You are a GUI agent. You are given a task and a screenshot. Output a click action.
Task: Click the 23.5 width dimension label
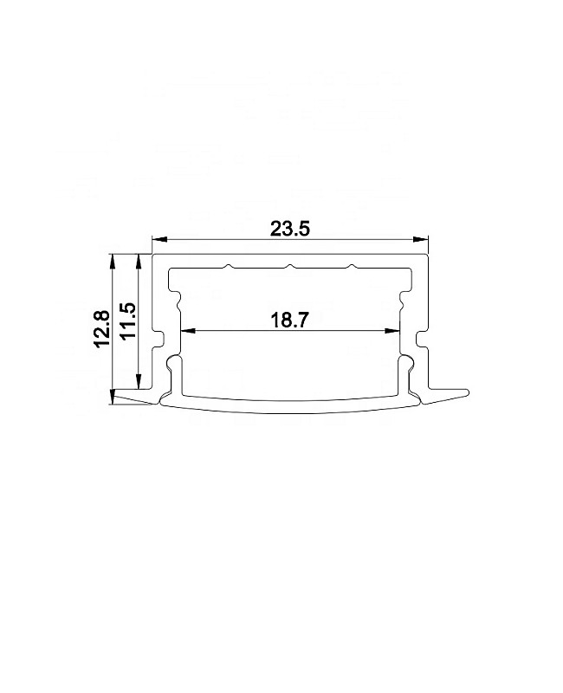tap(290, 229)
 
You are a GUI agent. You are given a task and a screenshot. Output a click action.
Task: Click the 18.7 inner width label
tap(288, 320)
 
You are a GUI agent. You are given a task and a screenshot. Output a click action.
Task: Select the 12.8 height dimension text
tap(102, 329)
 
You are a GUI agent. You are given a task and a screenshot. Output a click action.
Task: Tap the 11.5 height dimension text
tap(128, 321)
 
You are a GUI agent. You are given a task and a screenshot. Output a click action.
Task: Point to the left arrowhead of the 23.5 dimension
tap(159, 240)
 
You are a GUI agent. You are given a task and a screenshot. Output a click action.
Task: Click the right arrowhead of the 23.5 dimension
tap(421, 240)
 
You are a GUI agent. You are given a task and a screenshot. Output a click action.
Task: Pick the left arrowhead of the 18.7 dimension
tap(189, 331)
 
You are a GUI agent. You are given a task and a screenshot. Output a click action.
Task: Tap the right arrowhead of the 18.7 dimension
tap(392, 331)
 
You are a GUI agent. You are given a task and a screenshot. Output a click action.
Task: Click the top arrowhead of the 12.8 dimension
tap(113, 262)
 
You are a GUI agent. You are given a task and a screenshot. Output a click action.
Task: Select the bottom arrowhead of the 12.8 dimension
tap(113, 397)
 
